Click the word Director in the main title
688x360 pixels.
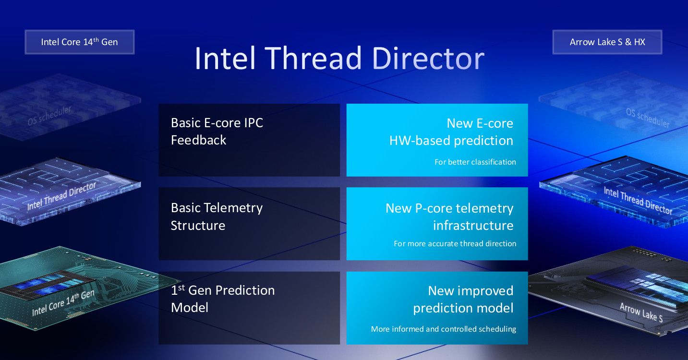tap(428, 58)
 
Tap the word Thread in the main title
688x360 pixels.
tap(313, 58)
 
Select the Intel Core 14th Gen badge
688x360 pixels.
tap(80, 42)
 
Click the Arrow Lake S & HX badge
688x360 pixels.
tap(607, 42)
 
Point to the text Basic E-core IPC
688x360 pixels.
tap(217, 123)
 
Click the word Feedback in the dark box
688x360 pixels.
tap(198, 140)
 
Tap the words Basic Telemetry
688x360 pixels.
tap(217, 208)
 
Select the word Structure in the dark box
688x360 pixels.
tap(198, 226)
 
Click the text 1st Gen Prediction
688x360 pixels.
tap(223, 290)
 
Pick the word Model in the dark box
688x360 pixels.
tap(190, 308)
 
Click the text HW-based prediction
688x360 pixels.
tap(451, 141)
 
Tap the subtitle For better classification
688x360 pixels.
tap(475, 162)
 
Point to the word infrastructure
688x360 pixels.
tap(473, 226)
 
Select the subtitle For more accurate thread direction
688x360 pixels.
tap(455, 243)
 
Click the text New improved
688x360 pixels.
tap(471, 291)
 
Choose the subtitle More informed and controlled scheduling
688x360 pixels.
tap(444, 329)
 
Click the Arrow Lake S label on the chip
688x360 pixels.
tap(641, 312)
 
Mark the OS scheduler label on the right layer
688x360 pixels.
tap(648, 118)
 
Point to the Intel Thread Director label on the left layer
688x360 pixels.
tap(61, 196)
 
